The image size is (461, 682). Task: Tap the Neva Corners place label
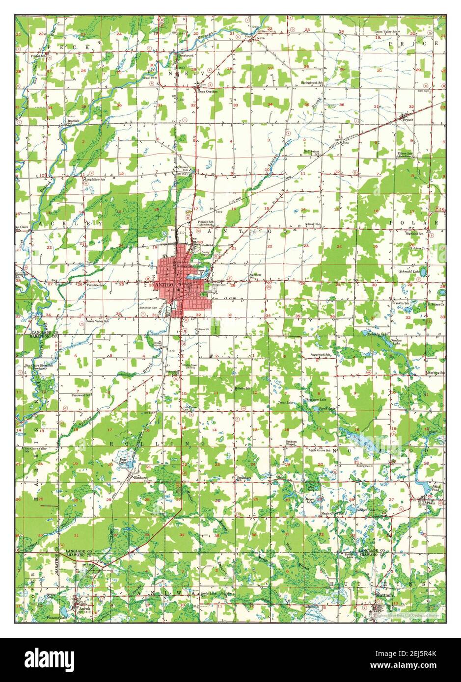pos(207,91)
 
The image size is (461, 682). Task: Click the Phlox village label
pos(431,503)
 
